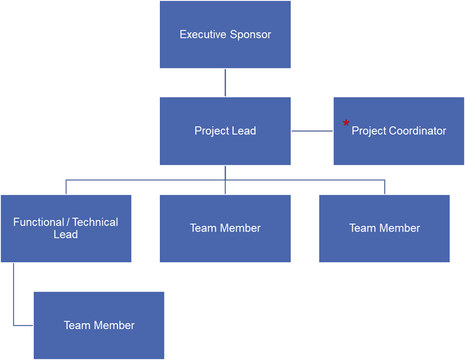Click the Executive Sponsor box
225,34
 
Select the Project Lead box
225,131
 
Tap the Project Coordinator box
399,131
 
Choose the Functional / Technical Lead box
66,229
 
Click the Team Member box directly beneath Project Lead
225,229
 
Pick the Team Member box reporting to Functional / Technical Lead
99,325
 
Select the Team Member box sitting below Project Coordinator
385,229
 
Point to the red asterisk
346,123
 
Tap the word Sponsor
250,35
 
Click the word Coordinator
418,130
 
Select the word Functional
38,222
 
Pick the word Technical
95,222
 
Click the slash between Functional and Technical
68,222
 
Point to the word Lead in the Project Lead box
244,130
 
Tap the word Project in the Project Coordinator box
369,131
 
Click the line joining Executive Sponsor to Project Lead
225,83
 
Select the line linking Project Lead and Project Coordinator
312,131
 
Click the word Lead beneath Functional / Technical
65,234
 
